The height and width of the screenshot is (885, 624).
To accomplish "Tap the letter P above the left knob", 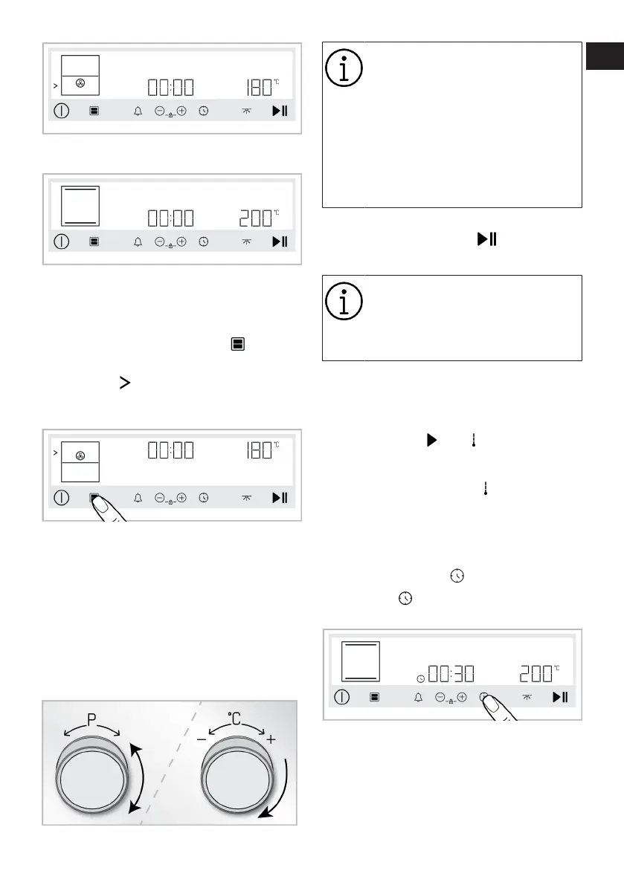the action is pos(92,719).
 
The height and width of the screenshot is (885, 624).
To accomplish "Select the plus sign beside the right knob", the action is pos(270,739).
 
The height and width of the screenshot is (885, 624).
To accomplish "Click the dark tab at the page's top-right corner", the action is pos(602,56).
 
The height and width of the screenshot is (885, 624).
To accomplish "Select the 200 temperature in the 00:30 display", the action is pos(536,674).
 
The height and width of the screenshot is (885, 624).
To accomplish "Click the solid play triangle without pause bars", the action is pos(431,440).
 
